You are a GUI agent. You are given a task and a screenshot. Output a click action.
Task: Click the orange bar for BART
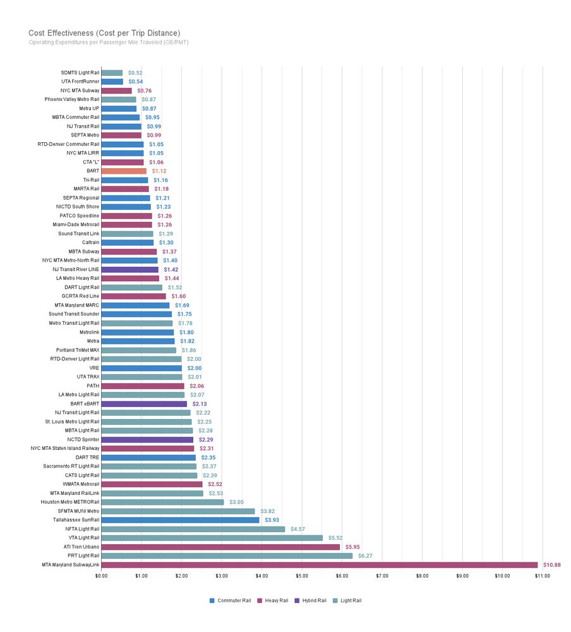coord(124,171)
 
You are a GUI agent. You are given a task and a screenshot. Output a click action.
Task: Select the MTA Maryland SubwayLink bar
coord(319,564)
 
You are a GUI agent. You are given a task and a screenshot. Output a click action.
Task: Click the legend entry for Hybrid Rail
coord(313,600)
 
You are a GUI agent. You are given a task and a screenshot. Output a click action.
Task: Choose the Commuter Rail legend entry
coord(231,600)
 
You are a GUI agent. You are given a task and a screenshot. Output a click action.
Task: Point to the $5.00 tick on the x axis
coord(302,576)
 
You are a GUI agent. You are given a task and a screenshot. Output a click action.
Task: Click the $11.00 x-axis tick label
coord(542,576)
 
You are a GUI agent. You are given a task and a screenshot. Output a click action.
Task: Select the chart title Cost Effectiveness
coord(104,33)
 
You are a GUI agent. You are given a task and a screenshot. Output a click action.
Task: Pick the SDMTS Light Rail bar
coord(112,73)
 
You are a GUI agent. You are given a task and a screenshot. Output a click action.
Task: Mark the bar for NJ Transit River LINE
coord(129,269)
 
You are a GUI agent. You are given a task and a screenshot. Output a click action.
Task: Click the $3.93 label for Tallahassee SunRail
coord(272,520)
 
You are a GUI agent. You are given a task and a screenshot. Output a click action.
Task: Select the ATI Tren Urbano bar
coord(220,547)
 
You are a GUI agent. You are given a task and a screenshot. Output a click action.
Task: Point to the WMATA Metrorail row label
coord(81,484)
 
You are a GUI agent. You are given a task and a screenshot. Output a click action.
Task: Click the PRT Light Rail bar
coord(227,556)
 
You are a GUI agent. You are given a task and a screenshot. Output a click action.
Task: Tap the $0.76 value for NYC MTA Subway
coord(145,90)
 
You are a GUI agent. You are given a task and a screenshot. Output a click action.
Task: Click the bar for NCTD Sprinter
coord(147,439)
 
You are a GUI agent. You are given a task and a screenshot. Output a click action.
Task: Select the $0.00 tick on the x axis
coord(101,576)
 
